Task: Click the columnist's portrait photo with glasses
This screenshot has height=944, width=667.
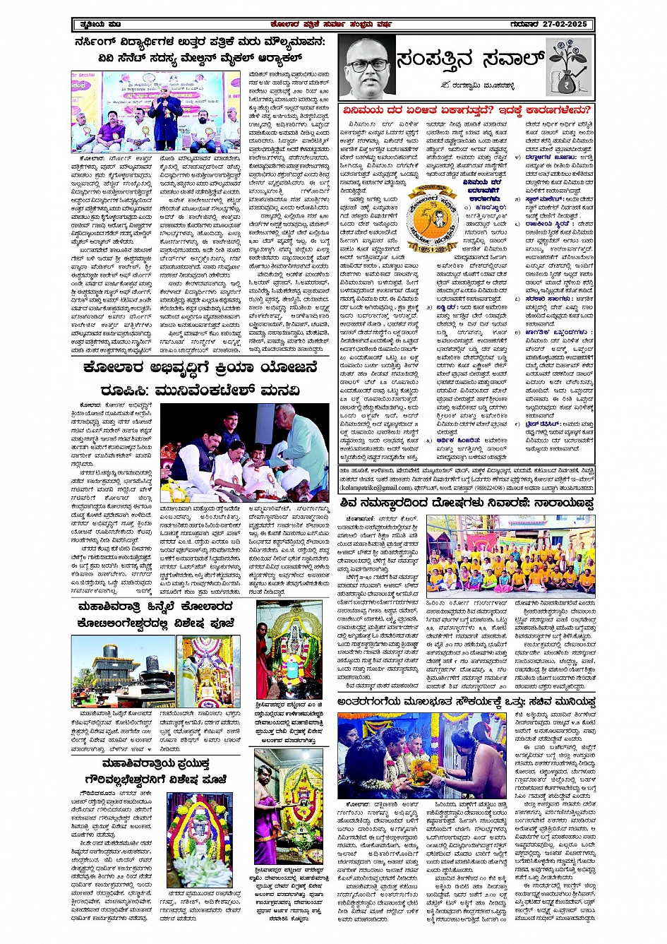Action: click(366, 66)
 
